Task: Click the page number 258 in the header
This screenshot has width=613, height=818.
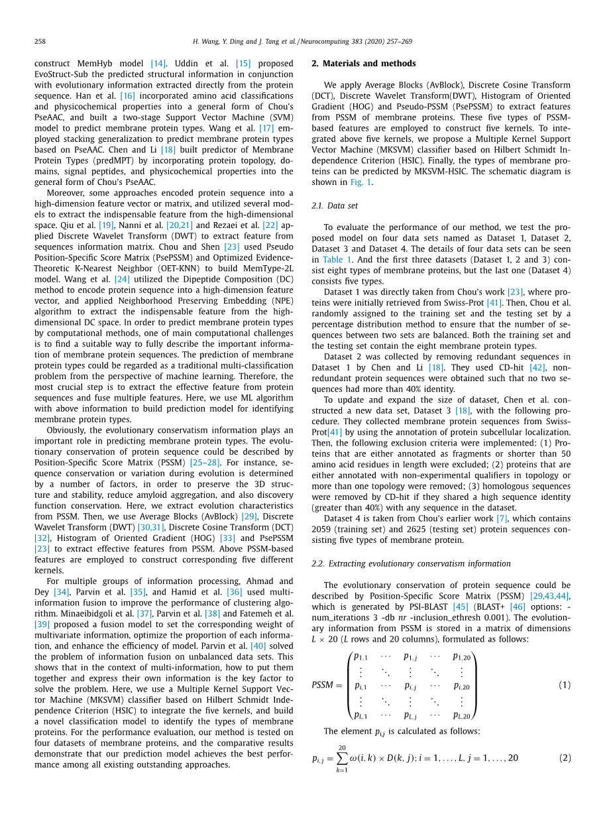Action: click(40, 41)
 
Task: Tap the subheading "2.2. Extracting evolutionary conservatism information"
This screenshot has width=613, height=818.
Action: click(411, 563)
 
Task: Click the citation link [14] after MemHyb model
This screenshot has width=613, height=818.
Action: click(158, 64)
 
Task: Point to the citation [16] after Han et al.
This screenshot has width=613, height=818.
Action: click(127, 96)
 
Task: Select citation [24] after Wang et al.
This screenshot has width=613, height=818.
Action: click(123, 280)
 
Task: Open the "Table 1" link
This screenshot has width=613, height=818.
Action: click(337, 259)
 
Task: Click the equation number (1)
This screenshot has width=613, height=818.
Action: click(564, 685)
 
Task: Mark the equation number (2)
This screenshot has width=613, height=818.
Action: click(564, 758)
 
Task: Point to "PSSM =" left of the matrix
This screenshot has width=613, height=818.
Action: click(327, 685)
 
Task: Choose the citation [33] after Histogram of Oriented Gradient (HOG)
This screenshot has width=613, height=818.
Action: click(227, 538)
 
